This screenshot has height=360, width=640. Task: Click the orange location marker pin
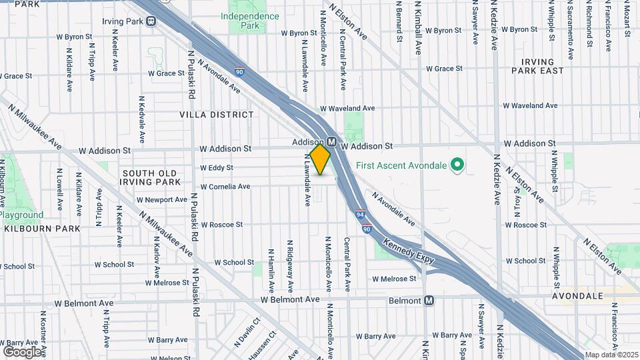coord(320,159)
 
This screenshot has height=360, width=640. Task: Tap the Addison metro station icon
coord(331,142)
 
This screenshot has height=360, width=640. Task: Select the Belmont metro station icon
coord(429,301)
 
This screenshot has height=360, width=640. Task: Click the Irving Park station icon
coord(151,21)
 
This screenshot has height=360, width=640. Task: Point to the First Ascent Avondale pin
coord(457,164)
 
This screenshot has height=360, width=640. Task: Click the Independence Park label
coord(249,21)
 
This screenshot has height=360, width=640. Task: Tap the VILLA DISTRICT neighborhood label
coord(217,115)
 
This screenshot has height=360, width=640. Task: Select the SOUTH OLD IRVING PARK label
coord(151,177)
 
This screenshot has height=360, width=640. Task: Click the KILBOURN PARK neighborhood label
coord(42,229)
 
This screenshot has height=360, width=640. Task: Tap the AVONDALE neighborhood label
coord(577,295)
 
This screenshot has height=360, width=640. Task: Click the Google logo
coord(22,351)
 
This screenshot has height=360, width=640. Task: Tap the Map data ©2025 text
coord(611,355)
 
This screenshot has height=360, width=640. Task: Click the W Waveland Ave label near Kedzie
coord(530,105)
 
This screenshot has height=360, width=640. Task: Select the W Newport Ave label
coord(162,200)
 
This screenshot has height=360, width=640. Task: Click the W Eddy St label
coord(217,168)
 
